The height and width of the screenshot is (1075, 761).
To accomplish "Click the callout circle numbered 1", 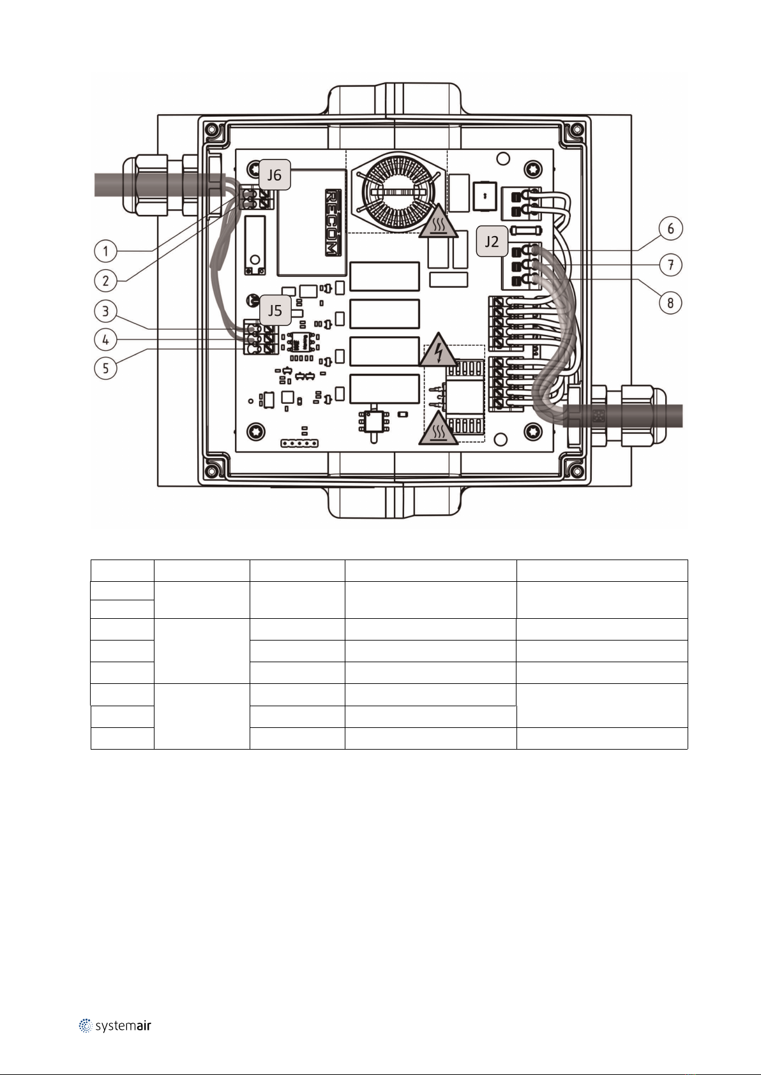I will [106, 251].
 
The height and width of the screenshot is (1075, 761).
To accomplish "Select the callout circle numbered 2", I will [106, 279].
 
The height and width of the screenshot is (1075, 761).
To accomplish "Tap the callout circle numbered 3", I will [106, 312].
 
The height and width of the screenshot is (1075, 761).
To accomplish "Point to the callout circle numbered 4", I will [106, 339].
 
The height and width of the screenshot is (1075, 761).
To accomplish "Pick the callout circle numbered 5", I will [106, 367].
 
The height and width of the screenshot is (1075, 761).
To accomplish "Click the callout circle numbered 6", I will [670, 228].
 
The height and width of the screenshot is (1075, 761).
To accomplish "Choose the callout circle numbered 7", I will [670, 265].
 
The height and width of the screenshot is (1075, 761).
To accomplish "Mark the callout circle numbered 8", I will [670, 302].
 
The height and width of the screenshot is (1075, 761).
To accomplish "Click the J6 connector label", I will [275, 175].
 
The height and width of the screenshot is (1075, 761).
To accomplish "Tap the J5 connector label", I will [275, 311].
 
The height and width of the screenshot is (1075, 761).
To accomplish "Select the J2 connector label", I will [492, 242].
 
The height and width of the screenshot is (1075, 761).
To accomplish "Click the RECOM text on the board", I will [333, 222].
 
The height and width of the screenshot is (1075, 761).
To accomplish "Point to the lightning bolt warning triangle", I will [439, 350].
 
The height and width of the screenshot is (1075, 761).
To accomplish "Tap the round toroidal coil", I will [396, 189].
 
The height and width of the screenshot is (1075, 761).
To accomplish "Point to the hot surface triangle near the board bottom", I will [439, 430].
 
